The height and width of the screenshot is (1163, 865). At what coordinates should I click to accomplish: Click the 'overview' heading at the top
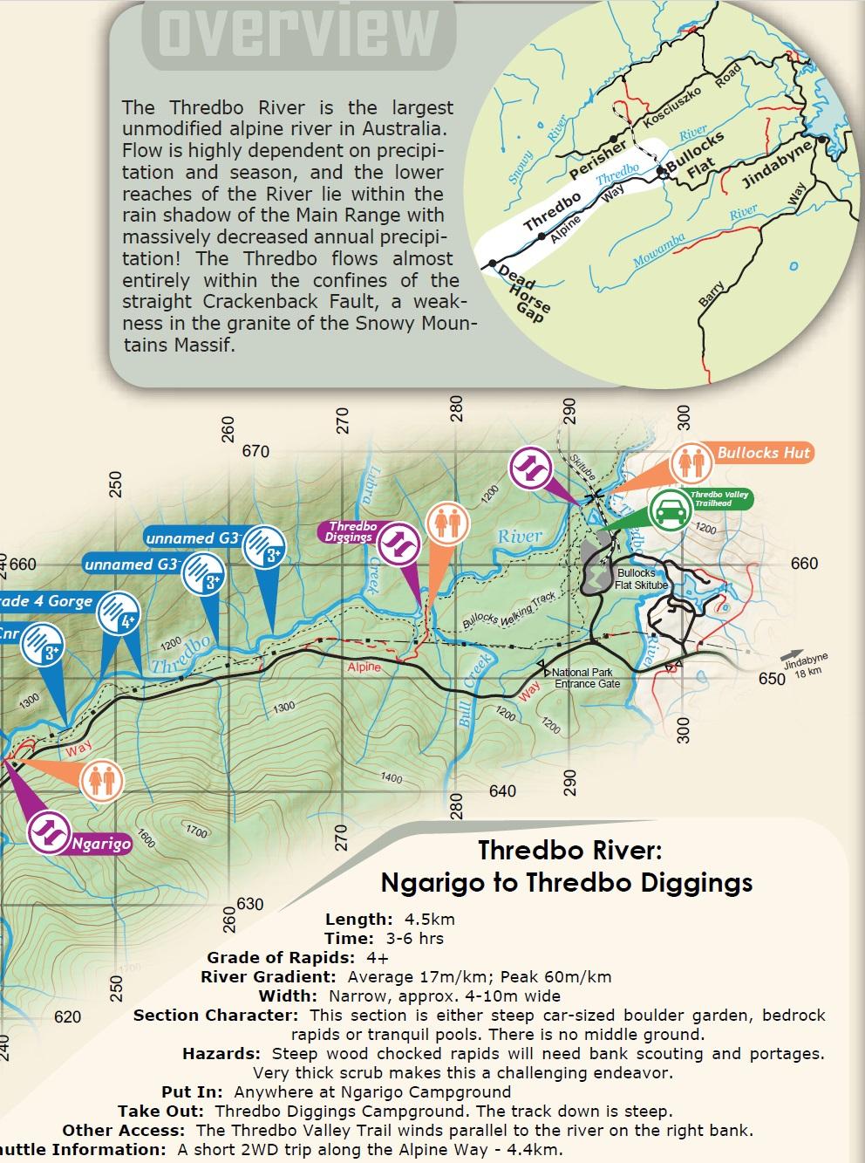291,32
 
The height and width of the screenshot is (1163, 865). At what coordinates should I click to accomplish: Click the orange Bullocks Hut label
763,453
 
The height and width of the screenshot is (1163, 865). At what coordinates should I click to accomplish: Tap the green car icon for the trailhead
670,507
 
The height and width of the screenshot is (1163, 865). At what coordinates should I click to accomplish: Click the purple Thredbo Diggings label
351,532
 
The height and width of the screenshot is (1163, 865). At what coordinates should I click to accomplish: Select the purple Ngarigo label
100,843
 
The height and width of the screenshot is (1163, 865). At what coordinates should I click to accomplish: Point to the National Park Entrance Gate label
587,678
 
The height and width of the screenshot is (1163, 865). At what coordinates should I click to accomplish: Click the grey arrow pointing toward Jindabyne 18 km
792,654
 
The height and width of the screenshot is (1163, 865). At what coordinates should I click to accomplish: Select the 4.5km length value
429,919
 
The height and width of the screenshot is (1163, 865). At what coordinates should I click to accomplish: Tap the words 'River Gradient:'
268,977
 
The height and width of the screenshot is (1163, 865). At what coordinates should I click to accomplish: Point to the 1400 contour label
392,777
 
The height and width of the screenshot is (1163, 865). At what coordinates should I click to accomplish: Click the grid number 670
255,451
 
